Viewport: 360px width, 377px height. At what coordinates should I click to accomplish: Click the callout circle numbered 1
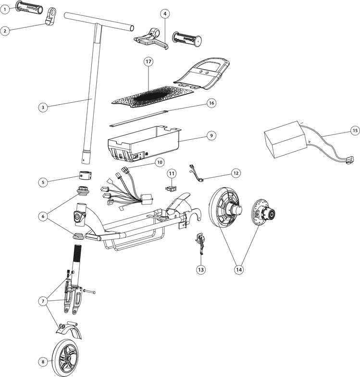tap(5, 9)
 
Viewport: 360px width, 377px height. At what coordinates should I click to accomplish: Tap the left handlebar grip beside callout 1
tap(29, 7)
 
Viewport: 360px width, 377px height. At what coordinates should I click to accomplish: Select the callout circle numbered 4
tap(165, 13)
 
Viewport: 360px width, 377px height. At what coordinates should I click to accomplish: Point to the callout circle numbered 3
tap(43, 108)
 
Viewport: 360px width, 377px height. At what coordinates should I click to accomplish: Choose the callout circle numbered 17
tap(149, 61)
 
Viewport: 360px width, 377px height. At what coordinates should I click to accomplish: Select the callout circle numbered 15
tap(355, 130)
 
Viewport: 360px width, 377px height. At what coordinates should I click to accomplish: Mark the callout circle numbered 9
tap(211, 136)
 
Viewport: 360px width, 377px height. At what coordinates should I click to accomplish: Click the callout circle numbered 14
tap(239, 269)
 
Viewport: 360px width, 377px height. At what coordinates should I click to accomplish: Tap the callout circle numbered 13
tap(201, 269)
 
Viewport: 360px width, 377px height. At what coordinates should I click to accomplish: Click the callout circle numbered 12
tap(235, 173)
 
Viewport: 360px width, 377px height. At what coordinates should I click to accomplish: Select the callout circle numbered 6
tap(43, 217)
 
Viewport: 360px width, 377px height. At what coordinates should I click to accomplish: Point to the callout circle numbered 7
tap(43, 301)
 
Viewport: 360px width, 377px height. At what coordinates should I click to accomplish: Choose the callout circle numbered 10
tap(160, 162)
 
